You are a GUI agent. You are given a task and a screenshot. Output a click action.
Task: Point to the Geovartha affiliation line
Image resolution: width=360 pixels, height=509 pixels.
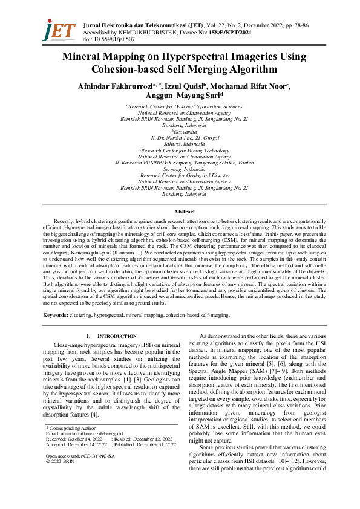tap(181, 131)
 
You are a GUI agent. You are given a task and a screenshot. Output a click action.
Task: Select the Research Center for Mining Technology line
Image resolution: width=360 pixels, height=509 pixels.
tap(181, 150)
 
